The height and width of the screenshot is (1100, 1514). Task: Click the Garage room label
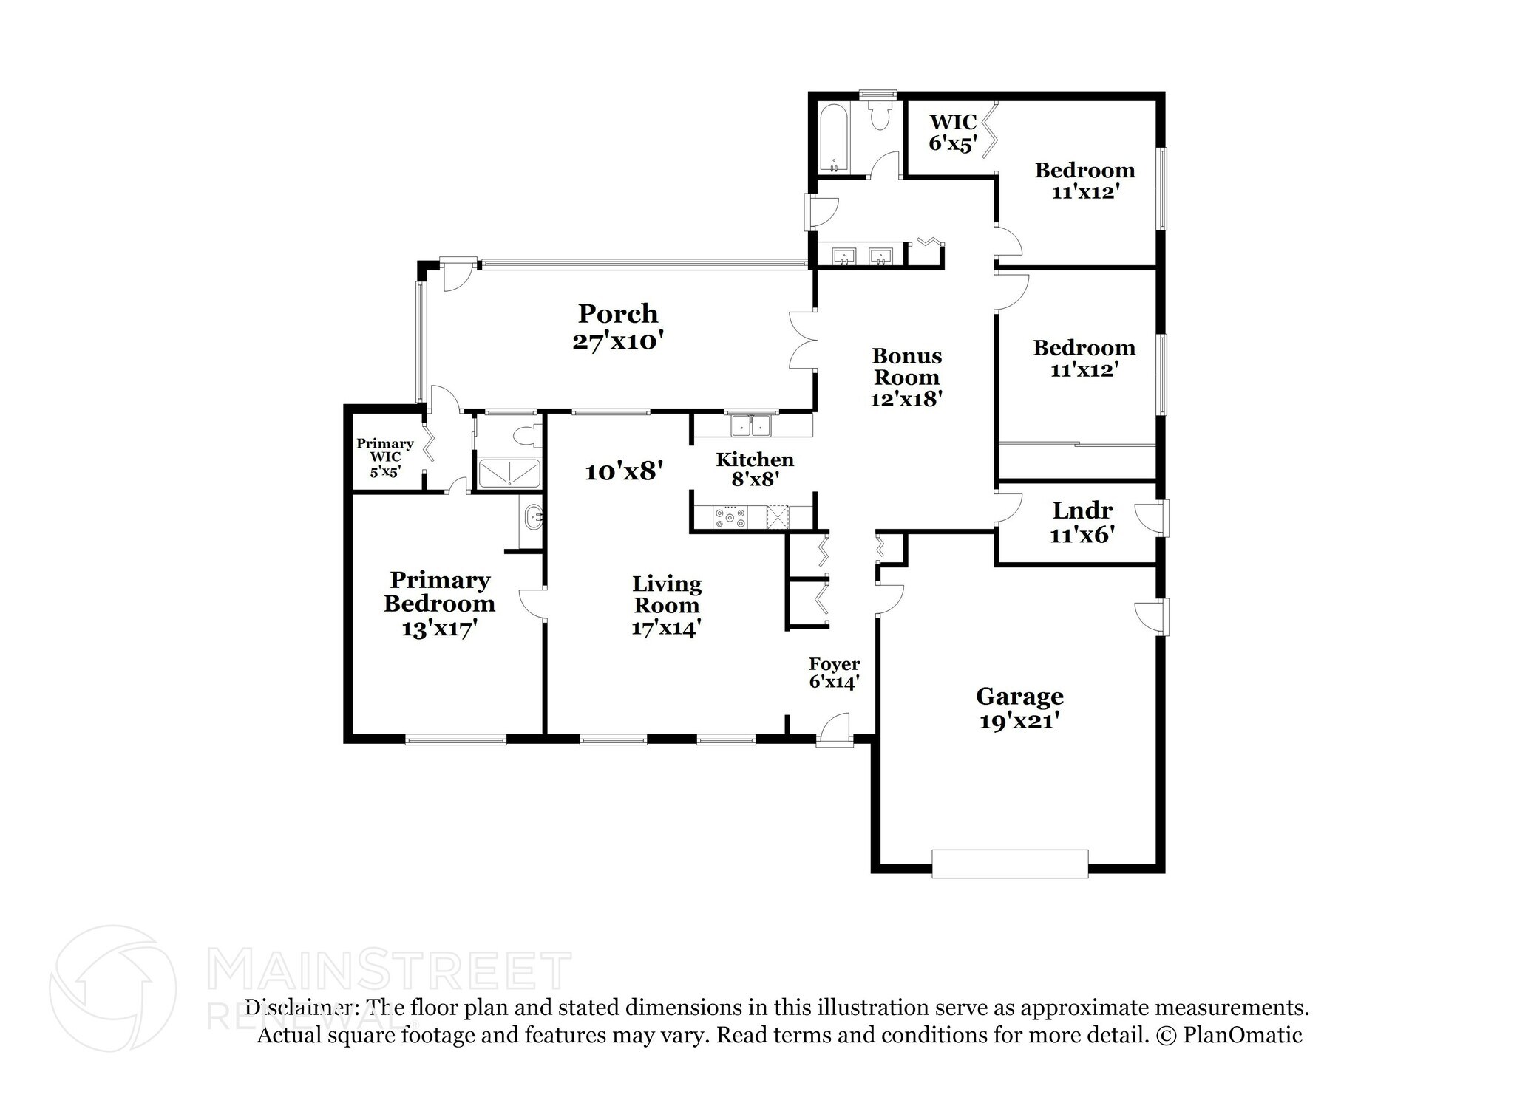[x=1019, y=696]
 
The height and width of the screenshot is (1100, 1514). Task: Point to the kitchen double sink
[x=751, y=426]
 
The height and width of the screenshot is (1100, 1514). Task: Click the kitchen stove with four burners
[x=730, y=516]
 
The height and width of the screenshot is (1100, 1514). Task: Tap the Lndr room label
[x=1082, y=510]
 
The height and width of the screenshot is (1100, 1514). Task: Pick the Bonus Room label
[x=907, y=366]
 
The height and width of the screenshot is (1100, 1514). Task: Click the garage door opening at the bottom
[x=1010, y=864]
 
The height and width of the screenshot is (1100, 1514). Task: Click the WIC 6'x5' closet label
[x=954, y=132]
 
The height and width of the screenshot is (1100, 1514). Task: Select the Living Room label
[x=666, y=595]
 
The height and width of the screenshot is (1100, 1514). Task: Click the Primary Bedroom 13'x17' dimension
[x=439, y=629]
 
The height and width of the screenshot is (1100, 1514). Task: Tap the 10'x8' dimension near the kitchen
[x=623, y=471]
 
